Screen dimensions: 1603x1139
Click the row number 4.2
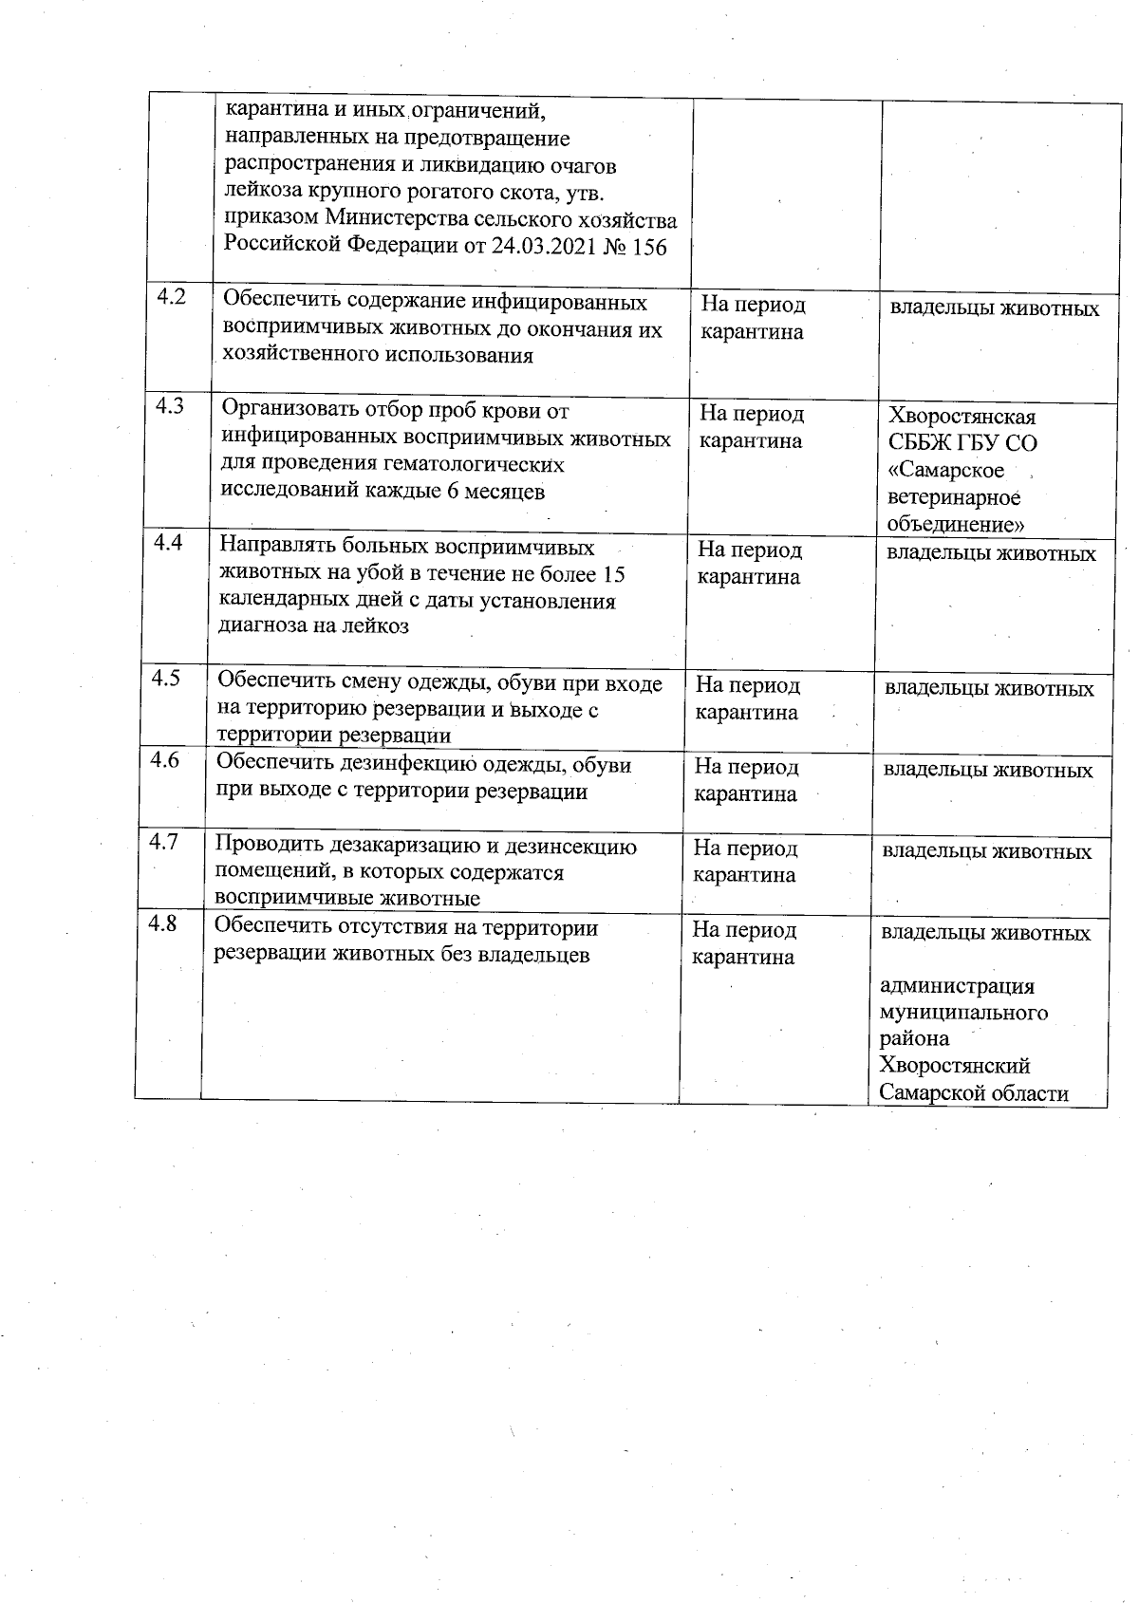(x=172, y=297)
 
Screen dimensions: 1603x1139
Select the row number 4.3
(x=171, y=406)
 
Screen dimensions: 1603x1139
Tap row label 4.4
(x=169, y=543)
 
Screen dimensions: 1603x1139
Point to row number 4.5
(x=167, y=678)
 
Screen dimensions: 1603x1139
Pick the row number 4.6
(x=166, y=759)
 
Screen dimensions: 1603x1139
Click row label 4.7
(x=165, y=841)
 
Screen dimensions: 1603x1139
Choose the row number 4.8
(x=163, y=923)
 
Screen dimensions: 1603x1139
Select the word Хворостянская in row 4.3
(x=962, y=417)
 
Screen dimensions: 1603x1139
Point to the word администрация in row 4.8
(x=958, y=986)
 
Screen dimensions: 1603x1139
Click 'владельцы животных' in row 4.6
(x=988, y=770)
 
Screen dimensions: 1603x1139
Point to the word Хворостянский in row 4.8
(x=955, y=1066)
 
